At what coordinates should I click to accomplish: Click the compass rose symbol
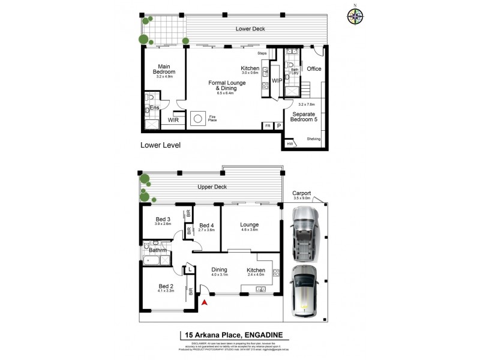[355, 16]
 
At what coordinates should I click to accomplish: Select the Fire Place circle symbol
[199, 118]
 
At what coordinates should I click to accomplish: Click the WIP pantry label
[277, 80]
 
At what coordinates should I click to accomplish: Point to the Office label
[314, 69]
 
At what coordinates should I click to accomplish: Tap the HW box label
[290, 144]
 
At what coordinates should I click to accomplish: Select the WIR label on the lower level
[173, 120]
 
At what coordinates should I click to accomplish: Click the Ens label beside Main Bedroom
[154, 108]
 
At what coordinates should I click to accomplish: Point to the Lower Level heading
[160, 145]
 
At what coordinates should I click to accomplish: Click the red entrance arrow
[204, 302]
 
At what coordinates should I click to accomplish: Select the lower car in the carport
[305, 290]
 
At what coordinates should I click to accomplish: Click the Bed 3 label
[163, 219]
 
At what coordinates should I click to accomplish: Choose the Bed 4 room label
[206, 226]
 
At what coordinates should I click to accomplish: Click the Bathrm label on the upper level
[158, 250]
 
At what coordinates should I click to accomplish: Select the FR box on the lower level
[267, 126]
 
